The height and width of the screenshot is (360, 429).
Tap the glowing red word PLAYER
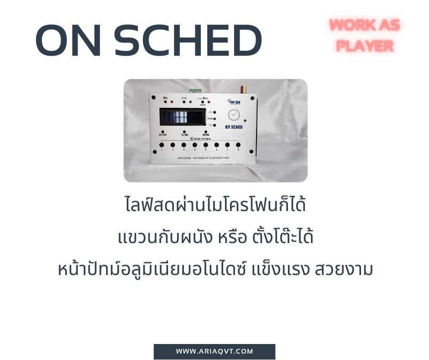pos(365,46)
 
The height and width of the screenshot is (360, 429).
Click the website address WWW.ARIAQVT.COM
pos(214,351)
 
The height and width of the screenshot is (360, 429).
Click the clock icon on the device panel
pos(233,114)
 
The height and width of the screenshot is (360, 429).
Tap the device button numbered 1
pos(162,145)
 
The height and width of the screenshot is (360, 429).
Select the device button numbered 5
pos(205,145)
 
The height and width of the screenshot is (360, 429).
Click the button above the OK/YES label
pos(162,132)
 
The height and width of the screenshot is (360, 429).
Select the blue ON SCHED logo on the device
pos(234,127)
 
